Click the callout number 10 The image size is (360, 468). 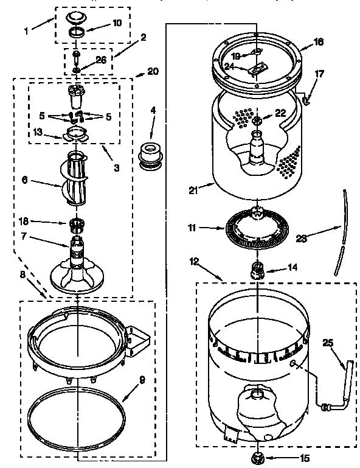pyautogui.click(x=117, y=23)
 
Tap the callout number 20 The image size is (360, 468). pyautogui.click(x=153, y=71)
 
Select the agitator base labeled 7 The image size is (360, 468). pyautogui.click(x=77, y=268)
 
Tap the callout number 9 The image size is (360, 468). pyautogui.click(x=141, y=381)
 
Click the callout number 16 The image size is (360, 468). pyautogui.click(x=319, y=42)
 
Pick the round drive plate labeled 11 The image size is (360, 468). pyautogui.click(x=256, y=228)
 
